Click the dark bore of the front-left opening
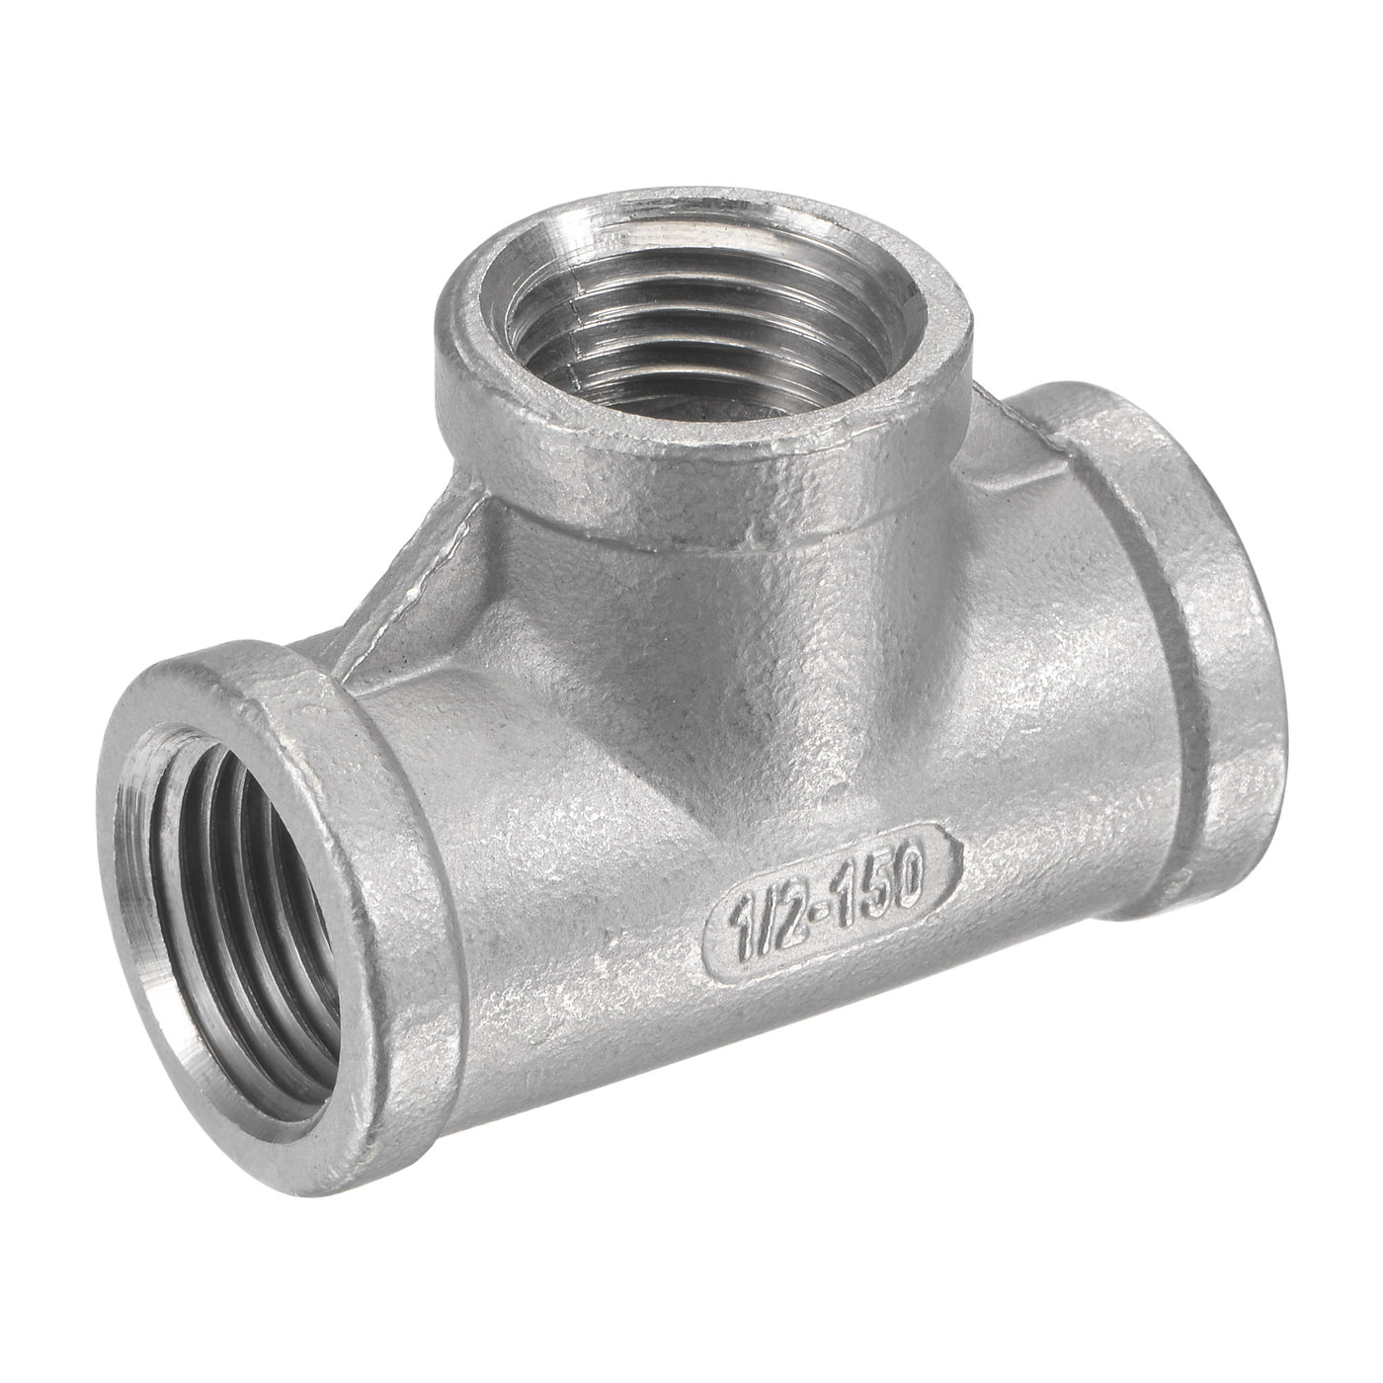point(212,840)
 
